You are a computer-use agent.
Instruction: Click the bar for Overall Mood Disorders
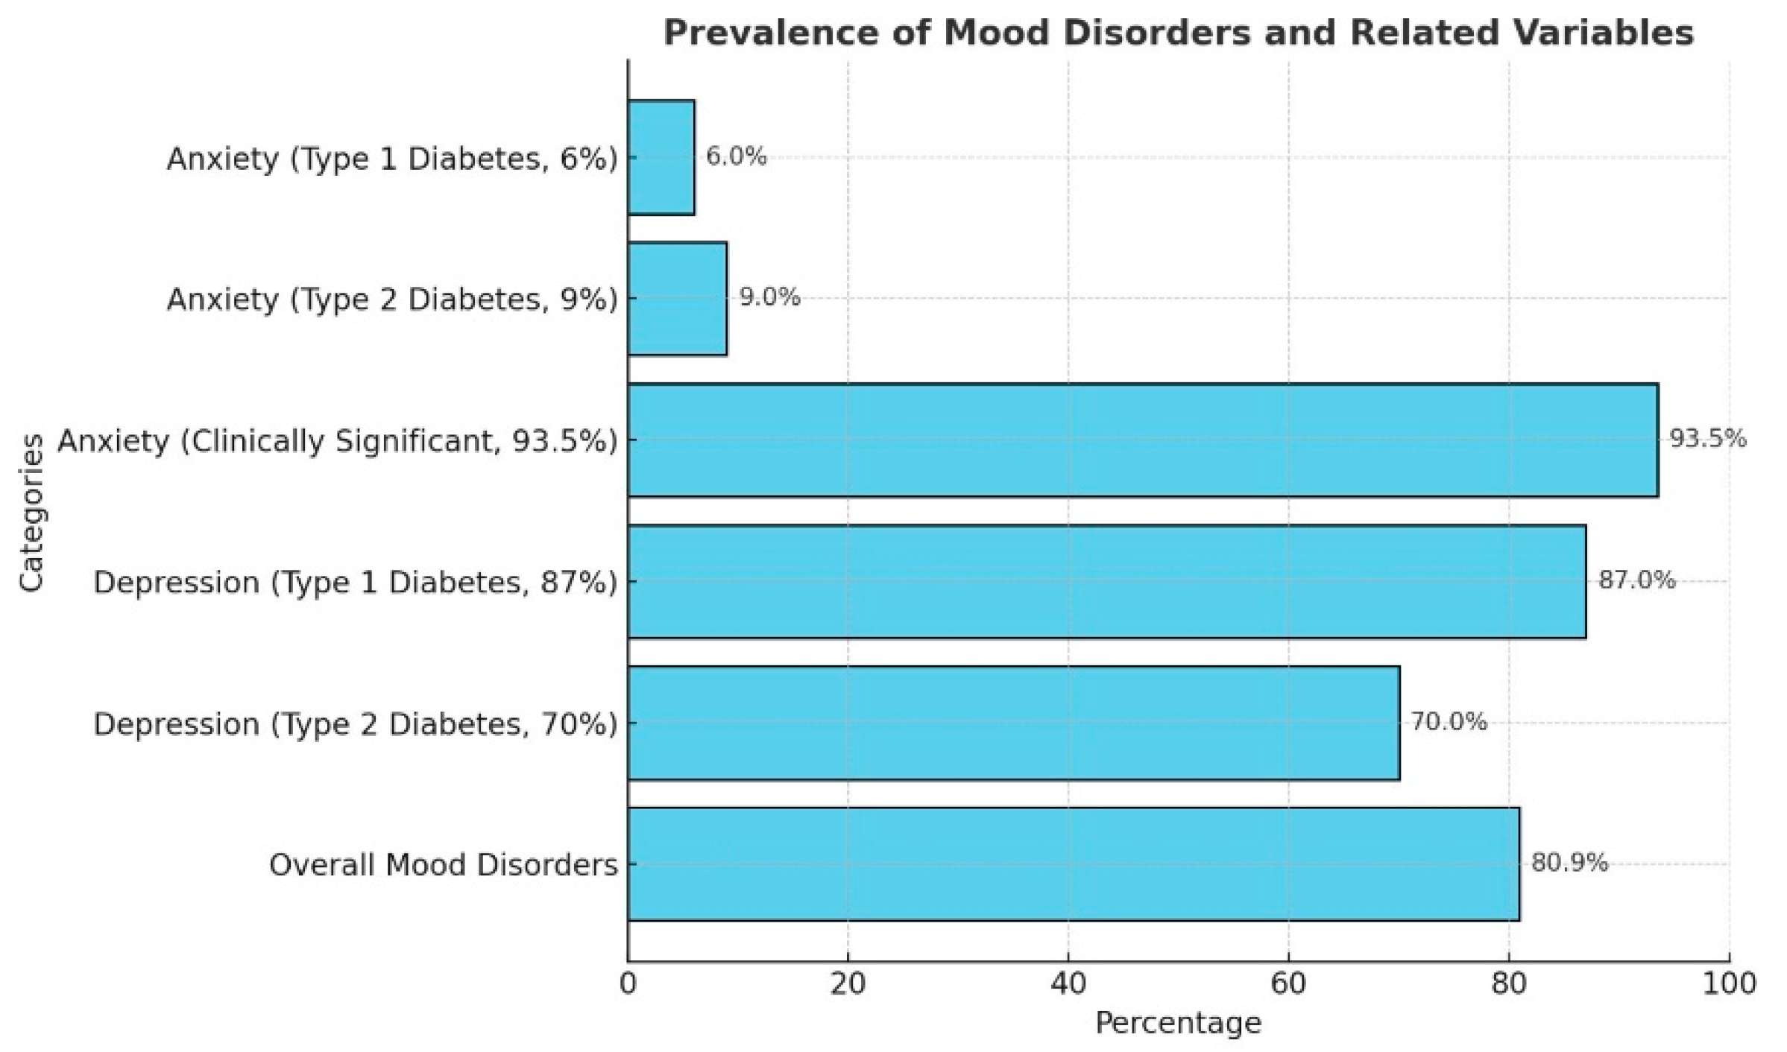pos(1074,864)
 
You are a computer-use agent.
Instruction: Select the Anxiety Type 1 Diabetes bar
pos(661,157)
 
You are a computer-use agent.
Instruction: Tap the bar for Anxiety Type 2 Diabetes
pos(677,298)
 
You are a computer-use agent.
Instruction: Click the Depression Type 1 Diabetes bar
pos(1107,581)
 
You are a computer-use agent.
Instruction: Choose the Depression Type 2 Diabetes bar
pos(1014,723)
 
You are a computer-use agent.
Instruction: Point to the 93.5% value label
pos(1707,439)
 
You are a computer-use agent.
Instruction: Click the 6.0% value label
pos(736,156)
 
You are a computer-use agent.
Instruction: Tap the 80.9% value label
pos(1569,863)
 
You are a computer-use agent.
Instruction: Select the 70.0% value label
pos(1449,721)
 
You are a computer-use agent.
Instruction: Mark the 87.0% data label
pos(1636,580)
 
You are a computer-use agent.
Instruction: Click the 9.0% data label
pos(769,297)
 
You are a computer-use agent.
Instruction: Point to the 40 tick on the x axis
pos(1068,983)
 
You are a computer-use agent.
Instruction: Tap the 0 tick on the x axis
pos(628,983)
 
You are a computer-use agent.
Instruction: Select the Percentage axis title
pos(1178,1023)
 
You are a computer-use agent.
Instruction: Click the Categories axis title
pos(31,514)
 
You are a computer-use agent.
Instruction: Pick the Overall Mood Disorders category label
pos(444,865)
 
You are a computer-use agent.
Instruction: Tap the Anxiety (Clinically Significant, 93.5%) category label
pos(338,440)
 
